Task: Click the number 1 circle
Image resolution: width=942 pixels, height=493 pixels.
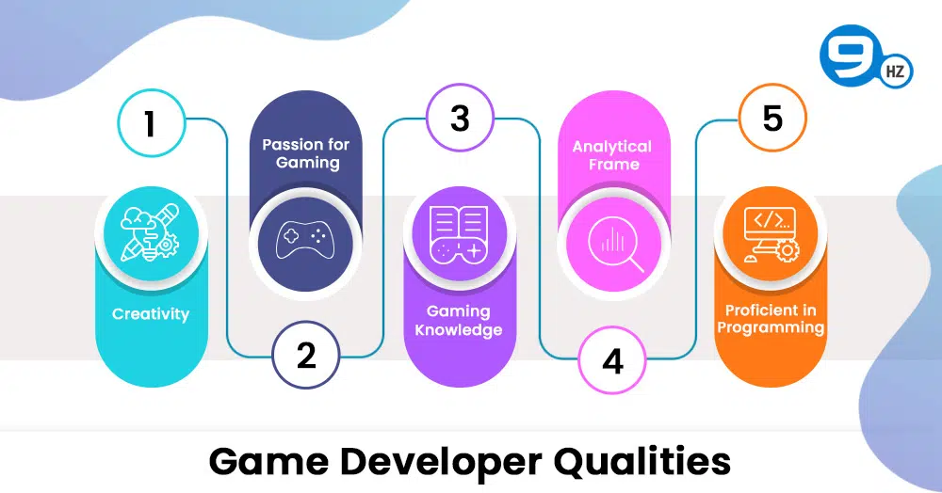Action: pos(150,123)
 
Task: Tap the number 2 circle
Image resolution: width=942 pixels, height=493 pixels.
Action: pos(306,355)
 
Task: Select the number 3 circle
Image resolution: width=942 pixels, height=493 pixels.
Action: pos(460,119)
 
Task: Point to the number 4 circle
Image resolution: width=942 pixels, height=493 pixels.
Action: pos(612,361)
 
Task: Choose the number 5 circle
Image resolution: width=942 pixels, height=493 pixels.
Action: pos(772,118)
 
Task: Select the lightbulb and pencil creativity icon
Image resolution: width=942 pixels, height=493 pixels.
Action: pos(150,232)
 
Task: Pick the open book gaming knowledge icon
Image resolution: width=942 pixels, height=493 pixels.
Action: pos(460,234)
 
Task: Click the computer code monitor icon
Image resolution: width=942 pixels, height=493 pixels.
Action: pos(771,234)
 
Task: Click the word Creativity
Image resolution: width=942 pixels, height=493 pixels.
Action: pos(151,314)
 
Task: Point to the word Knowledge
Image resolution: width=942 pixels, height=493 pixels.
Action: pos(459,330)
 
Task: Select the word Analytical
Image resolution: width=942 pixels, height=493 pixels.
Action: pos(612,147)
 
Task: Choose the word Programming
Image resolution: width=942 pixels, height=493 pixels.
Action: pos(771,328)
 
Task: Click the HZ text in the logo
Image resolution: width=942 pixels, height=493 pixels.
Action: pos(895,72)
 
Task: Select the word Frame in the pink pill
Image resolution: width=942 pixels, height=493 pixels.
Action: pos(613,165)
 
